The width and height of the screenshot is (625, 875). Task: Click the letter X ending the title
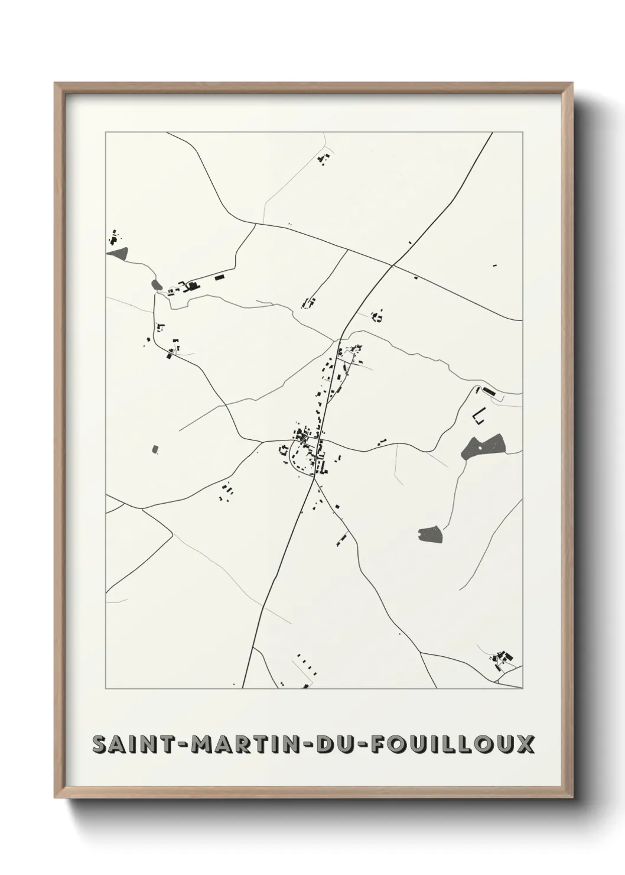[x=524, y=745]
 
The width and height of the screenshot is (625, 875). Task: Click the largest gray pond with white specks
[x=483, y=445]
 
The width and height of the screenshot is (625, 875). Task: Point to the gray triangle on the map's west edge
[x=118, y=254]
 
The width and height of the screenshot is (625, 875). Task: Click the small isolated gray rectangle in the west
[x=155, y=449]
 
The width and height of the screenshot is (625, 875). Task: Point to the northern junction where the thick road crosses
[x=392, y=265]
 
